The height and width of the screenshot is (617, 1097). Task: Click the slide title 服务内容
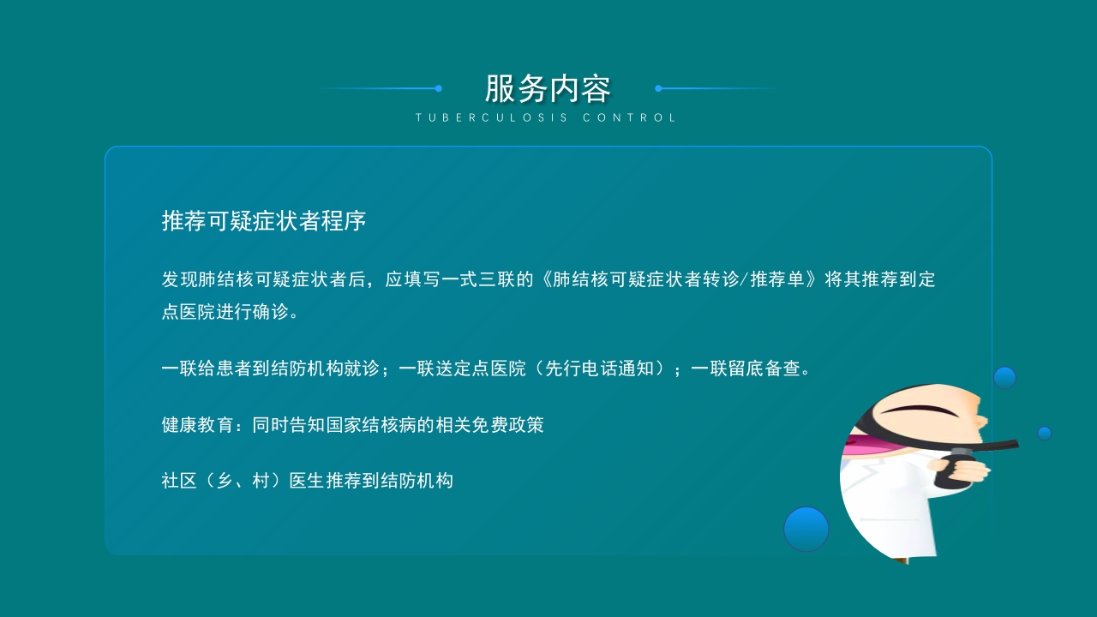tap(548, 88)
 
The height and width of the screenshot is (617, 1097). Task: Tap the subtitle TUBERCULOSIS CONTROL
tap(547, 118)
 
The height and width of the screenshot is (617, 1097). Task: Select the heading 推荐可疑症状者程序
tap(264, 221)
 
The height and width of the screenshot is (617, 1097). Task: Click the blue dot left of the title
tap(438, 88)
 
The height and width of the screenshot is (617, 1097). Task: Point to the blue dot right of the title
tap(658, 88)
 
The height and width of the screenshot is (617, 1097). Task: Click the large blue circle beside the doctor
tap(806, 529)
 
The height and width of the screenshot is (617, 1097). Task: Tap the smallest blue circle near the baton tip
tap(1044, 433)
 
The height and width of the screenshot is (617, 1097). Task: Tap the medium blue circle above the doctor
tap(1004, 377)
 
